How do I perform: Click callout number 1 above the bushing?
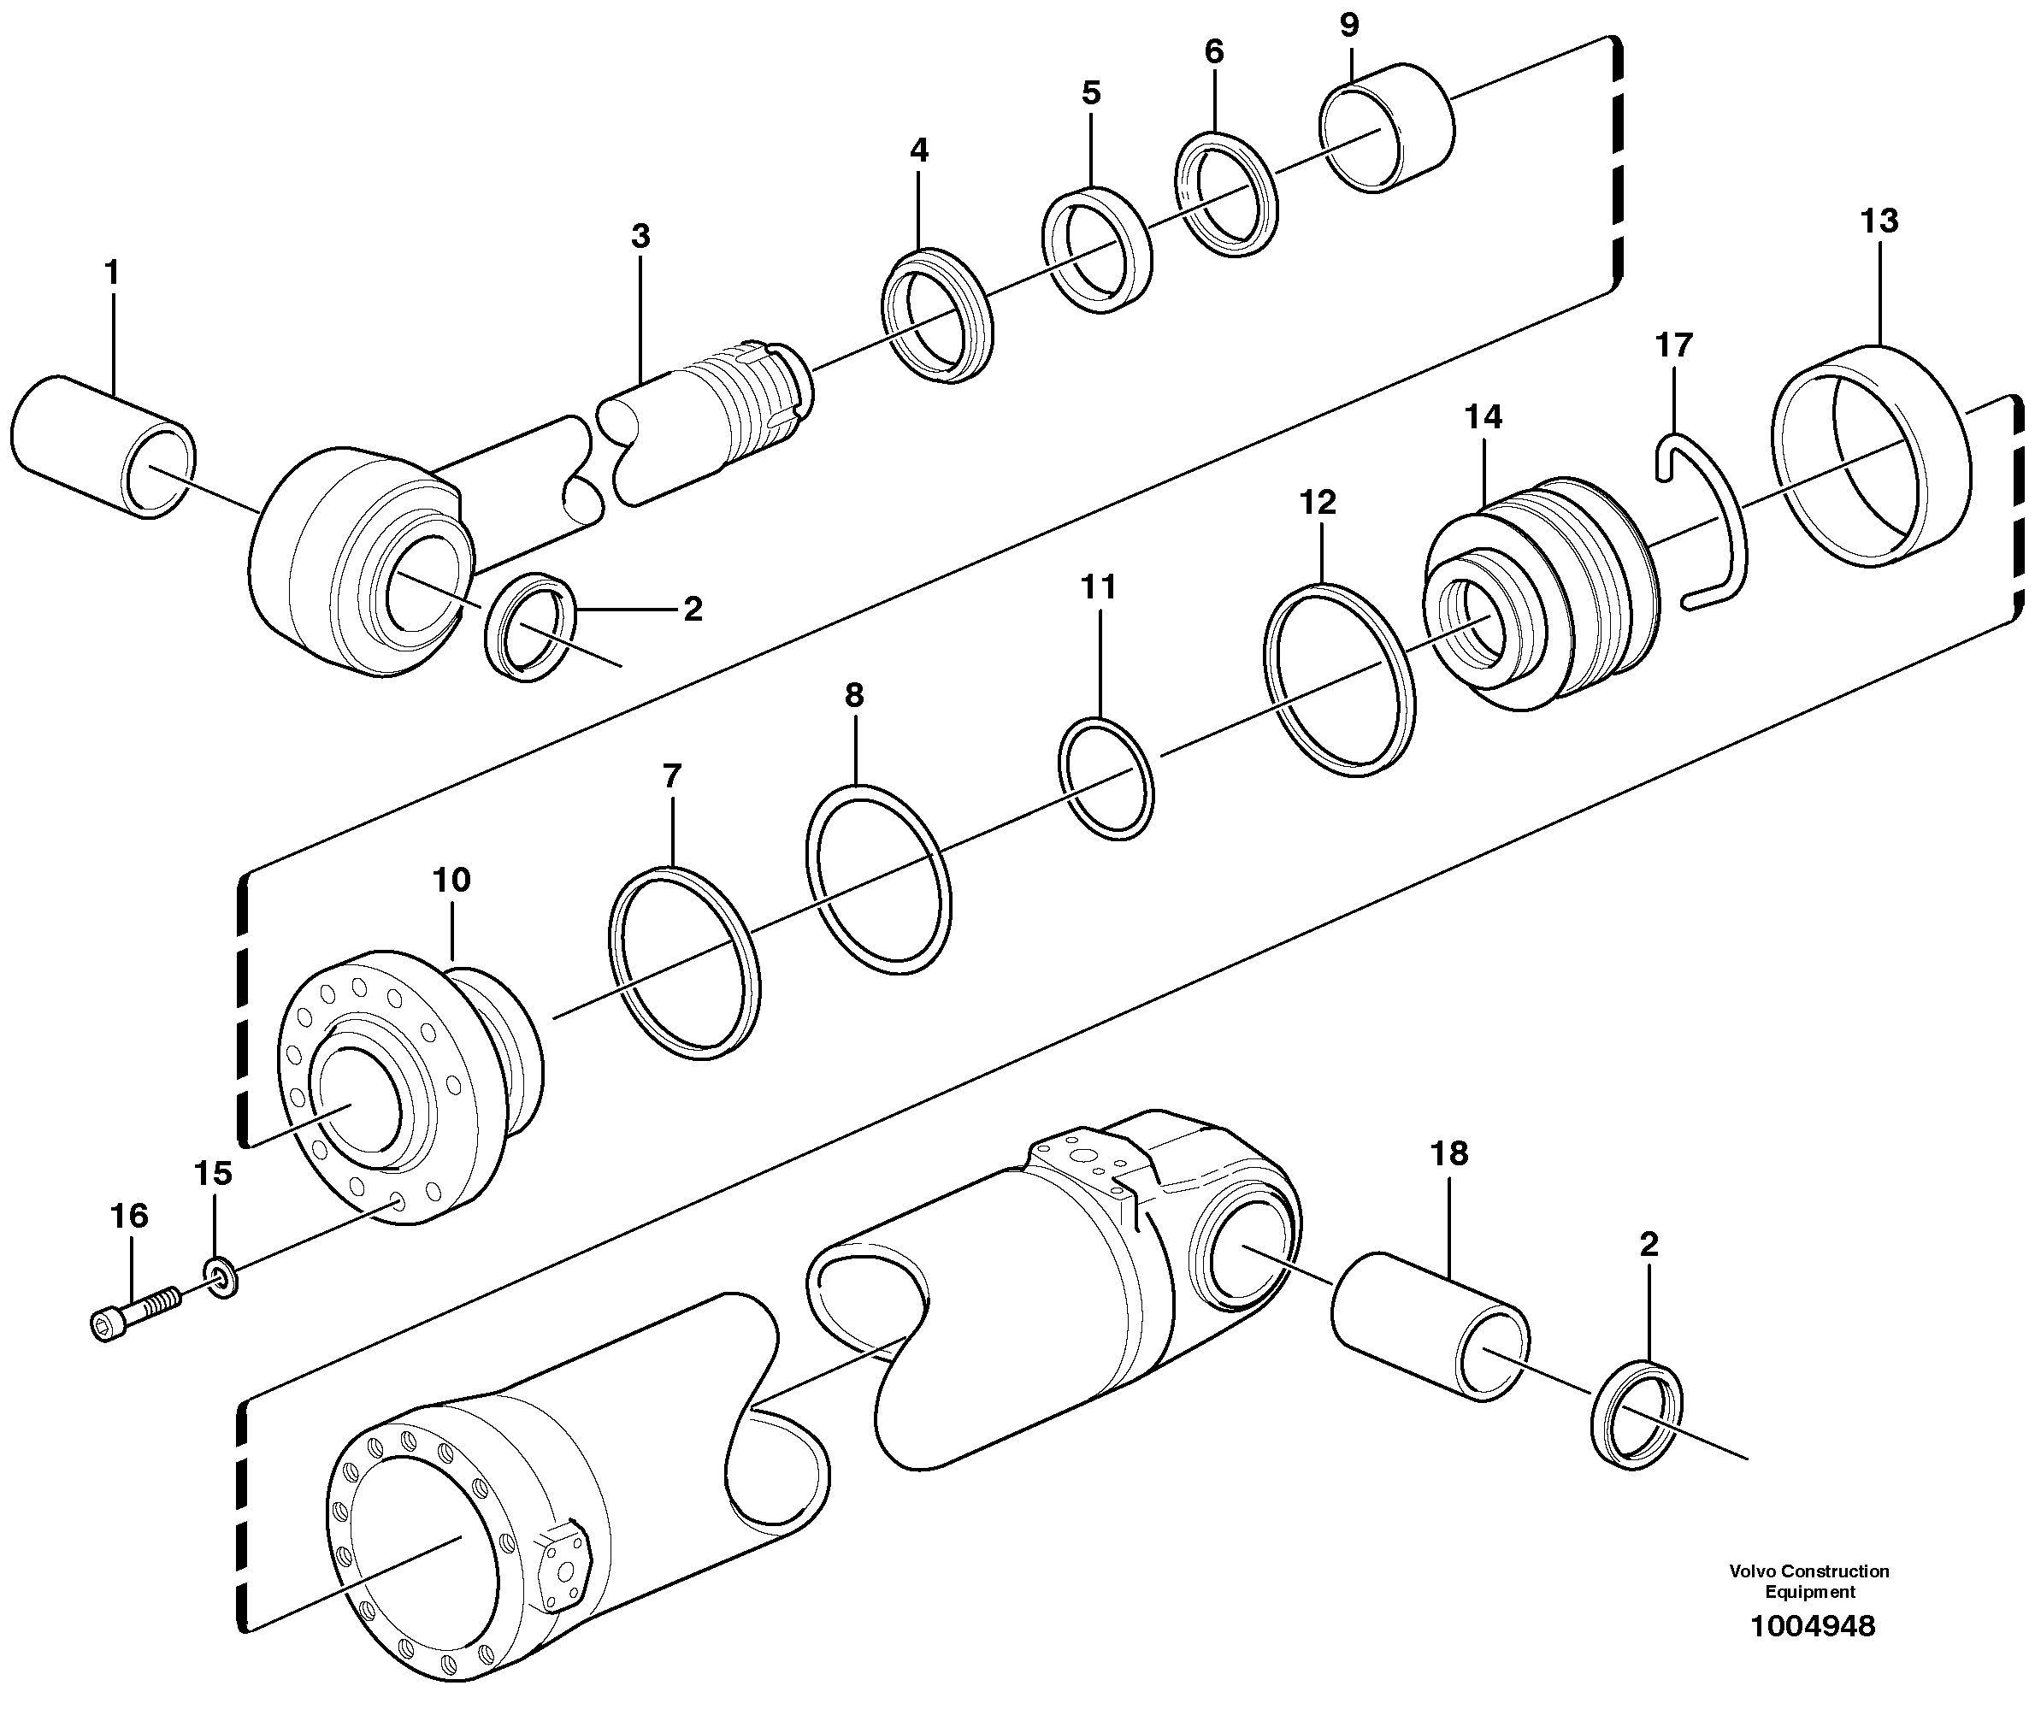[112, 272]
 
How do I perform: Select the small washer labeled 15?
[221, 1277]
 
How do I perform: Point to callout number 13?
[1879, 221]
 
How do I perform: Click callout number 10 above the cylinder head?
[451, 879]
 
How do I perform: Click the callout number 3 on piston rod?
[640, 236]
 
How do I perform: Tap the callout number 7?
[671, 775]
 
